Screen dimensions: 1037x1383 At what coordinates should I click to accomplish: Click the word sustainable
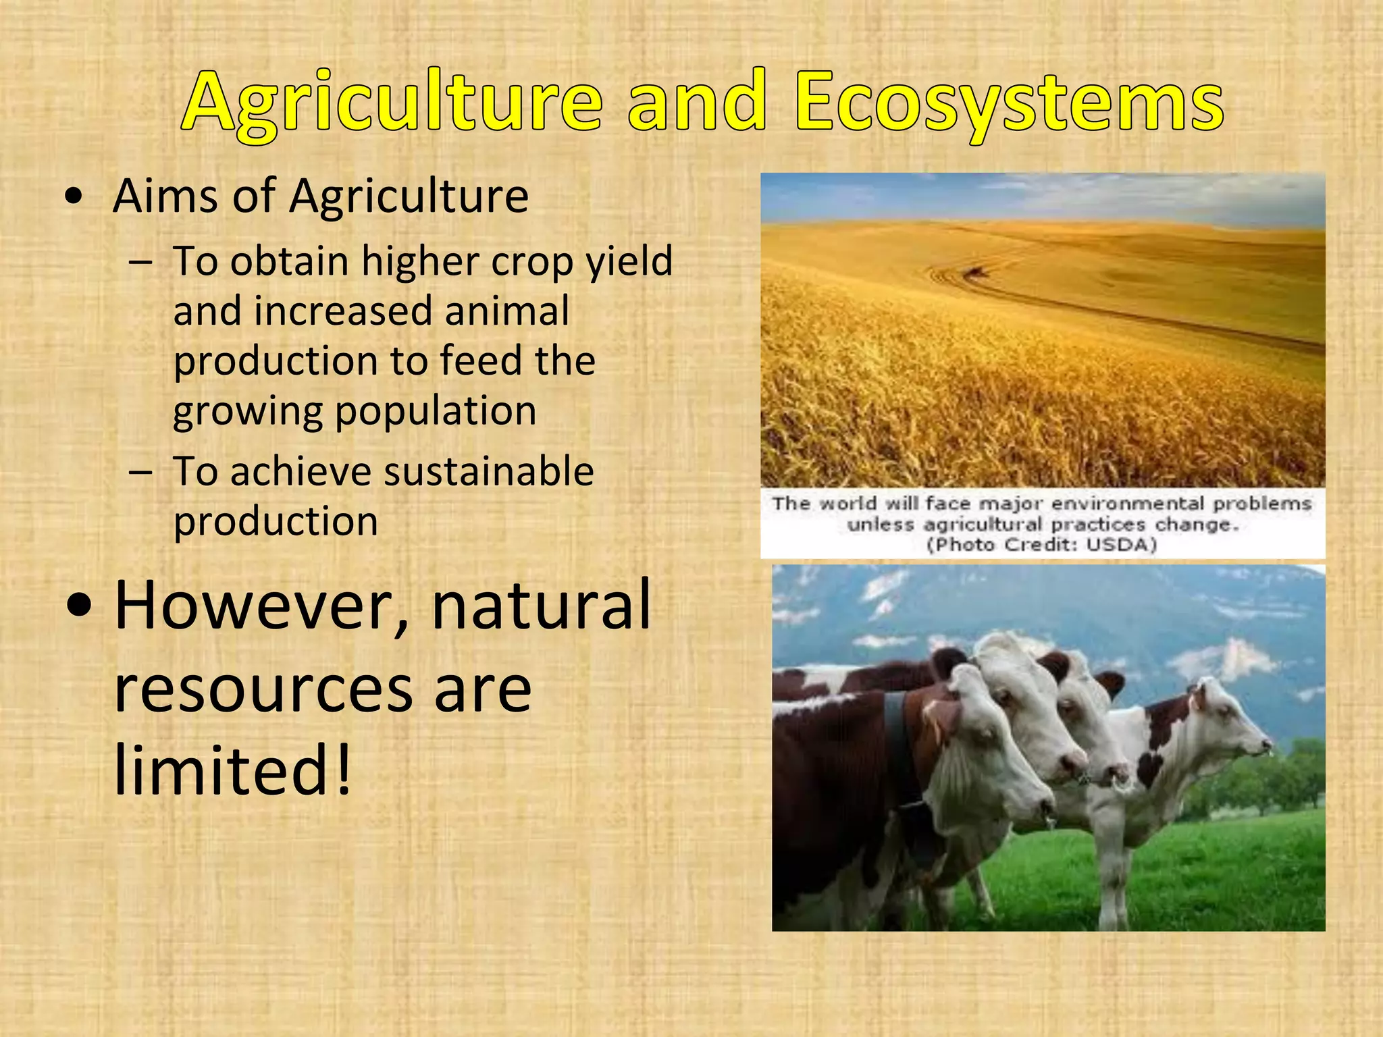point(479,471)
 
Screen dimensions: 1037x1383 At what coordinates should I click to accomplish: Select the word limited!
point(233,770)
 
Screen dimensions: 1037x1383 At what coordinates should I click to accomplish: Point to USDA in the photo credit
point(1121,545)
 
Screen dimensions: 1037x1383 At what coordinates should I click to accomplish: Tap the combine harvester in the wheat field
point(974,271)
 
